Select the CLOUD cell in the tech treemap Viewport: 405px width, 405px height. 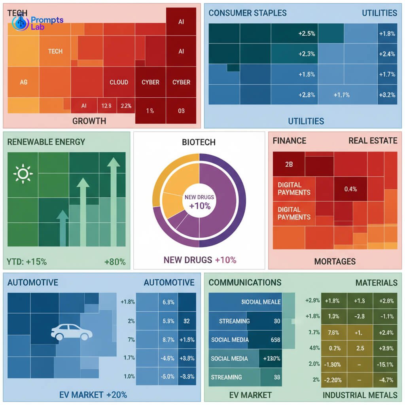click(119, 82)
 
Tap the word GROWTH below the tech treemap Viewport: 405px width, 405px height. click(89, 121)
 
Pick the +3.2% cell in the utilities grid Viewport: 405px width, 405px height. click(387, 95)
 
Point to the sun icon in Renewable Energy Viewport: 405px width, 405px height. click(23, 174)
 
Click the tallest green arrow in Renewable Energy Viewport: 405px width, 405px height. click(114, 206)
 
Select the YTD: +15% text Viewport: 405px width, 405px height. click(27, 261)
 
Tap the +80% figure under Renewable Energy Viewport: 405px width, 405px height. click(115, 261)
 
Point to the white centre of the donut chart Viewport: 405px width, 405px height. click(199, 201)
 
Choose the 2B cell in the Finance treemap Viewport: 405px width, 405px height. click(289, 164)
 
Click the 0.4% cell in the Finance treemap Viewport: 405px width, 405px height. click(350, 189)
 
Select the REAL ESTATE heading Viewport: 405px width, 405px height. click(373, 141)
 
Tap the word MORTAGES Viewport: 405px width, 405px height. click(335, 261)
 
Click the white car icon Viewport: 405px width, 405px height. click(72, 332)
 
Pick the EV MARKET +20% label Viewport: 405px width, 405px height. click(93, 395)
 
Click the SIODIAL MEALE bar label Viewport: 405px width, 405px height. click(261, 302)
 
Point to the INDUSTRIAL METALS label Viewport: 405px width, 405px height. click(360, 395)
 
